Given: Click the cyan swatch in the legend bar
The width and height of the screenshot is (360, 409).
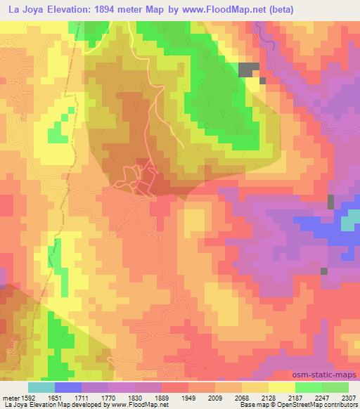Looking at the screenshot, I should pos(41,387).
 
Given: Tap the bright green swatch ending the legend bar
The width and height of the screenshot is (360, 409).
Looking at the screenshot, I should pos(335,387).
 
